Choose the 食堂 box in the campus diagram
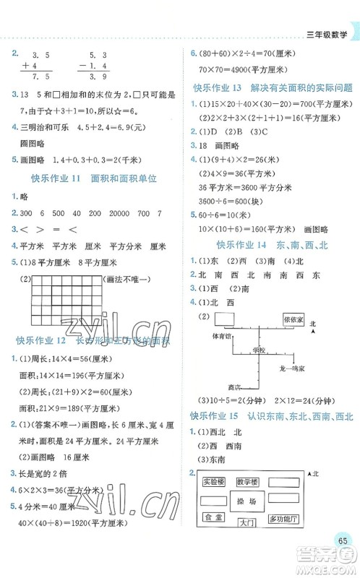pos(213,518)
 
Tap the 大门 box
pos(247,523)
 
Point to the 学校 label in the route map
pos(259,350)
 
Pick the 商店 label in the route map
pos(234,385)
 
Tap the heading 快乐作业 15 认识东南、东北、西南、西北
pos(271,415)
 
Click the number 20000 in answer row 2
pos(109,212)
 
